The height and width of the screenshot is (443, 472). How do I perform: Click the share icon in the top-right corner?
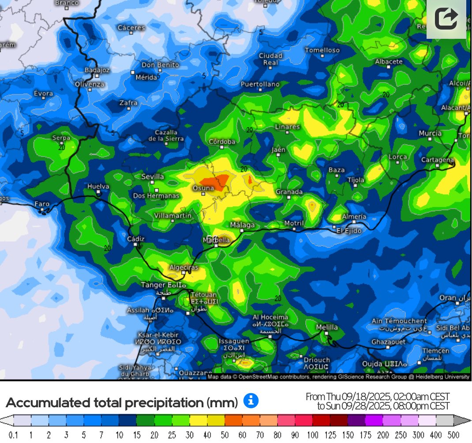pyautogui.click(x=446, y=19)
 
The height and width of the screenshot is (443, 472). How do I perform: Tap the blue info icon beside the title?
pyautogui.click(x=251, y=401)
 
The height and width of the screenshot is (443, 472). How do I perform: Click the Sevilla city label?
pyautogui.click(x=153, y=176)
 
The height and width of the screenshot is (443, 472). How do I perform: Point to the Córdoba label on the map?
pyautogui.click(x=222, y=142)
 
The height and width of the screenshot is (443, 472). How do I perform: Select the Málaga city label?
pyautogui.click(x=242, y=225)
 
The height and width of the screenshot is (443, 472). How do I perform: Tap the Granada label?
pyautogui.click(x=289, y=192)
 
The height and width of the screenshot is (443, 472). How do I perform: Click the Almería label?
pyautogui.click(x=354, y=216)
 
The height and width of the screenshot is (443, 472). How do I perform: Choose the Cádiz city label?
pyautogui.click(x=135, y=239)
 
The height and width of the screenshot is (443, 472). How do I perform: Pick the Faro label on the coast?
pyautogui.click(x=42, y=204)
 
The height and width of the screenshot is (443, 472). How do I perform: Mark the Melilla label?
pyautogui.click(x=327, y=327)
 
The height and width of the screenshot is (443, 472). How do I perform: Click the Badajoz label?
pyautogui.click(x=97, y=70)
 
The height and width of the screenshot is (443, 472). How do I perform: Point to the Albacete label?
pyautogui.click(x=389, y=62)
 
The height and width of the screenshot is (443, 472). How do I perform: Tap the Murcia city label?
pyautogui.click(x=430, y=133)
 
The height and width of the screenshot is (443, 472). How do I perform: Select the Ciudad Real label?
pyautogui.click(x=270, y=59)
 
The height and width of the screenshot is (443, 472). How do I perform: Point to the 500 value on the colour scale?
pyautogui.click(x=454, y=435)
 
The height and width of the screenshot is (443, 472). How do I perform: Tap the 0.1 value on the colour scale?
pyautogui.click(x=13, y=435)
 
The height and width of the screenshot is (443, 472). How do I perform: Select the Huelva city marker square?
pyautogui.click(x=98, y=192)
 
